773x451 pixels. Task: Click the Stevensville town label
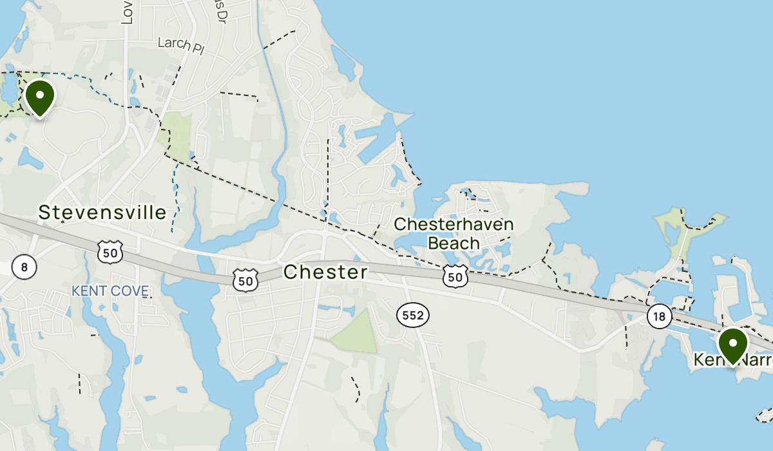(102, 212)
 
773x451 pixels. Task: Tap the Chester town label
(325, 272)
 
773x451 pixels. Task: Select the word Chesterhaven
(453, 224)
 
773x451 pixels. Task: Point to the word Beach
(453, 243)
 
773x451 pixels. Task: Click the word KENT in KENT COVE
(88, 291)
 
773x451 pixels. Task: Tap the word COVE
(129, 291)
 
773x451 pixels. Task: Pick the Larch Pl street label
(180, 45)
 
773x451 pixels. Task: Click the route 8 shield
(24, 267)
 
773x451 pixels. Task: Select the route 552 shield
(412, 315)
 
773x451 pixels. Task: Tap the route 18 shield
(659, 316)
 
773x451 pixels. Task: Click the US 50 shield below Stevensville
(110, 253)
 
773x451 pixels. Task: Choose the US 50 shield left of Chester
(246, 280)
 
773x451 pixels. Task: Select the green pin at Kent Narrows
(732, 345)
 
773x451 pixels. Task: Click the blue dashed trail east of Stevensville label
(175, 193)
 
